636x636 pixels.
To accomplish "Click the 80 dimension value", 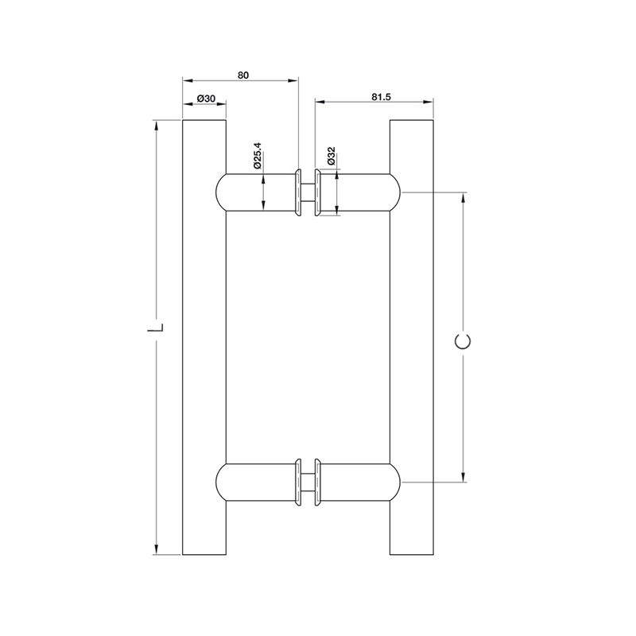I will point(243,75).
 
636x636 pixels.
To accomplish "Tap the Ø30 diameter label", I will point(206,99).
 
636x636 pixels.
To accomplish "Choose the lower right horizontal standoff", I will point(358,482).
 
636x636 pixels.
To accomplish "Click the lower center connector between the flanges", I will point(308,482).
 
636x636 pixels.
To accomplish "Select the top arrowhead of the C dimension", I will point(463,197).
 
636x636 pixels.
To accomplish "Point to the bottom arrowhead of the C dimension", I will point(463,477).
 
